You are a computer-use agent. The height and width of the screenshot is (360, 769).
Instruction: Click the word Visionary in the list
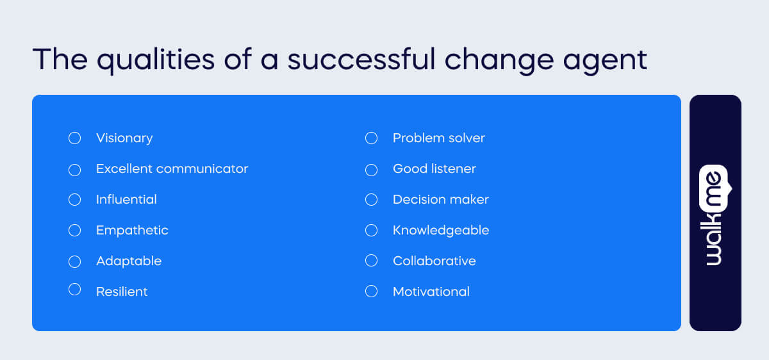pyautogui.click(x=124, y=138)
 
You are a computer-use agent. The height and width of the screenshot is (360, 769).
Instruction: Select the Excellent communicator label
pyautogui.click(x=172, y=169)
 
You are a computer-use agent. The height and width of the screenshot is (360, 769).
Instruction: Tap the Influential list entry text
pyautogui.click(x=126, y=200)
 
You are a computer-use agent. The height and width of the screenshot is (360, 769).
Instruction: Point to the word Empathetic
pyautogui.click(x=132, y=231)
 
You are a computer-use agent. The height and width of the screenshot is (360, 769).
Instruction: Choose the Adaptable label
pyautogui.click(x=129, y=261)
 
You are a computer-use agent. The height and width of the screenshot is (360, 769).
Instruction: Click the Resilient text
pyautogui.click(x=122, y=292)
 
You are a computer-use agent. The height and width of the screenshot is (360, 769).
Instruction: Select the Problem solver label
pyautogui.click(x=438, y=138)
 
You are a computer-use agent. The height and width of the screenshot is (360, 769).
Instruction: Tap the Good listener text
pyautogui.click(x=434, y=169)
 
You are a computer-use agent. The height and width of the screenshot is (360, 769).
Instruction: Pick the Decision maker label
pyautogui.click(x=440, y=200)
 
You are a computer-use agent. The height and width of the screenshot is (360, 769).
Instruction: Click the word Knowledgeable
pyautogui.click(x=440, y=231)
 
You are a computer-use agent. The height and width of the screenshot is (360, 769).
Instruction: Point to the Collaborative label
pyautogui.click(x=434, y=261)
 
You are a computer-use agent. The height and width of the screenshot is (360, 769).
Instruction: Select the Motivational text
pyautogui.click(x=431, y=292)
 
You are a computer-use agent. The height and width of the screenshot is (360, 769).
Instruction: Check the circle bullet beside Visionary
pyautogui.click(x=75, y=138)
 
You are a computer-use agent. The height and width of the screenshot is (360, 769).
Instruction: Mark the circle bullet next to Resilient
pyautogui.click(x=75, y=290)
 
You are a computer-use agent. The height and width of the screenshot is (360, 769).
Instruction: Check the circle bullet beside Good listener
pyautogui.click(x=372, y=170)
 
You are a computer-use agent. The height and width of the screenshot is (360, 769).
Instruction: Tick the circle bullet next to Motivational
pyautogui.click(x=372, y=291)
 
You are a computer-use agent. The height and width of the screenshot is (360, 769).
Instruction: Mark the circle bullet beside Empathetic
pyautogui.click(x=75, y=230)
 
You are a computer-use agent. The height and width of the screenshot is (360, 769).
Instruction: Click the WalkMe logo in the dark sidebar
pyautogui.click(x=715, y=215)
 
